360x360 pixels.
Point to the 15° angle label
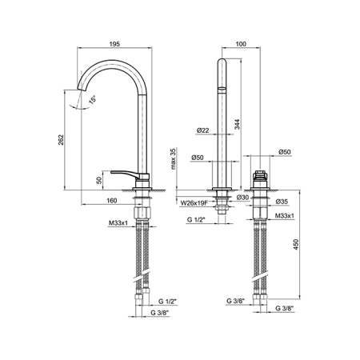click(x=93, y=99)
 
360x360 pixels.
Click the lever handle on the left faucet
click(x=129, y=173)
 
